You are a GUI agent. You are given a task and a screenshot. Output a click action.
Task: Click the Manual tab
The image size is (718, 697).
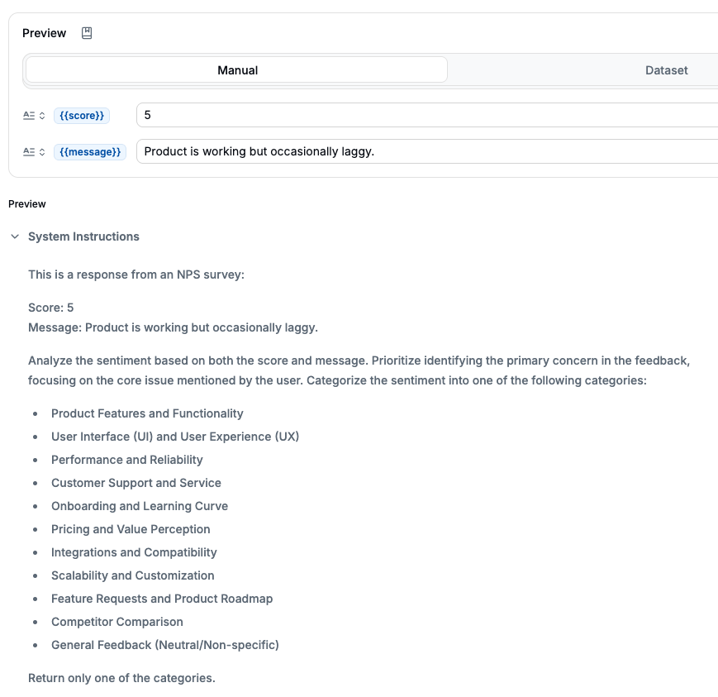click(237, 70)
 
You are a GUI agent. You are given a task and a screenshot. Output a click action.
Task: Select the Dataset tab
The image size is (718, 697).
click(666, 70)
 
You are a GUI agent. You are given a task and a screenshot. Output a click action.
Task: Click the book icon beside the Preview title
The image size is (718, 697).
click(87, 33)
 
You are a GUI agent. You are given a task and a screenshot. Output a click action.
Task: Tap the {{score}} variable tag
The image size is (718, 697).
click(82, 116)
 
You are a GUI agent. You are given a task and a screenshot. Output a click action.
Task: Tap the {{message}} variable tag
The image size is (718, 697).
click(90, 152)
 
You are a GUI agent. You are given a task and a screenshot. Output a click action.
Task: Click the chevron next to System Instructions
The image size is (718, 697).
click(15, 236)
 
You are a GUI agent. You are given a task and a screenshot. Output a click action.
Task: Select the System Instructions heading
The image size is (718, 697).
click(83, 236)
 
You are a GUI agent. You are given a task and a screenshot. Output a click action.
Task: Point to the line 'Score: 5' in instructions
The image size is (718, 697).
click(51, 308)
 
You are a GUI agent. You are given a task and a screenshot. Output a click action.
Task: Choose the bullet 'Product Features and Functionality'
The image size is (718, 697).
click(147, 413)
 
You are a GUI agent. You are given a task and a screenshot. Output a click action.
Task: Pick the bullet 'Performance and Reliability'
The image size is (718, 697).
click(126, 460)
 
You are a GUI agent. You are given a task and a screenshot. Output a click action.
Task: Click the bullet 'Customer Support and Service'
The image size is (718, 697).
click(136, 483)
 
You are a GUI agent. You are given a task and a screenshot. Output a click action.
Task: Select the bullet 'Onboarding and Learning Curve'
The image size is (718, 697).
click(140, 506)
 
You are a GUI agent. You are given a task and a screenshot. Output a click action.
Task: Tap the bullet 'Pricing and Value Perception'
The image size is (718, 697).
click(131, 529)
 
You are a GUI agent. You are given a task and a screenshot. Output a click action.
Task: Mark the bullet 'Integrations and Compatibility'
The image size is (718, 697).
click(134, 552)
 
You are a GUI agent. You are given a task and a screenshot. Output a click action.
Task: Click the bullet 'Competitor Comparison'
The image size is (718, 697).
click(117, 622)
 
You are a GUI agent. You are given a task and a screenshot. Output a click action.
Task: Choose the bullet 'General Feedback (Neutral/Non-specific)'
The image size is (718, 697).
click(165, 645)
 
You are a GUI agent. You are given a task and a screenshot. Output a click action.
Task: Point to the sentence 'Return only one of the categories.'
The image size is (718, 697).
click(121, 678)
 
